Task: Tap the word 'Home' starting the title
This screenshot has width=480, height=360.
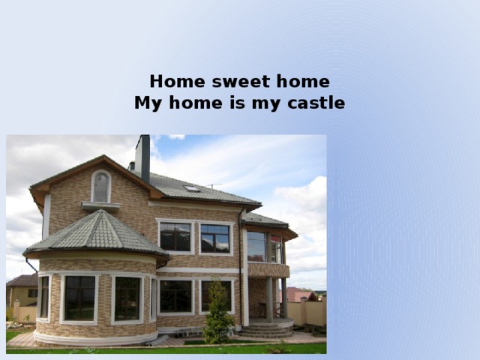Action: [173, 81]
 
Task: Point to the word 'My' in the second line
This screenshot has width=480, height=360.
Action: [147, 103]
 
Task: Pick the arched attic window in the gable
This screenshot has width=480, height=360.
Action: [100, 187]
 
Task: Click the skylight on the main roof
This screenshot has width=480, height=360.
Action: [193, 188]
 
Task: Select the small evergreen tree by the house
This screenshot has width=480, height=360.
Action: [218, 314]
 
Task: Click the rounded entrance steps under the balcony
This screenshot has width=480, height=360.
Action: [266, 329]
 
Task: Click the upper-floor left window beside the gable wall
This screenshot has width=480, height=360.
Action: [175, 237]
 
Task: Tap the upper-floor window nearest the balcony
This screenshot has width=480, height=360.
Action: [215, 238]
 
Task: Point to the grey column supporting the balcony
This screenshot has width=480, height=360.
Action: [269, 298]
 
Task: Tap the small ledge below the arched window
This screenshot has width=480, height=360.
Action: [100, 205]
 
